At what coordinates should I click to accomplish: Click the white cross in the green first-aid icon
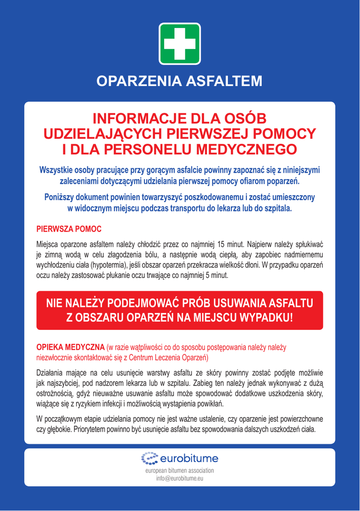coord(180,44)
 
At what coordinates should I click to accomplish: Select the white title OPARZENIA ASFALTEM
coord(180,81)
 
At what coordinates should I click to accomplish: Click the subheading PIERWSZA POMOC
coord(69,229)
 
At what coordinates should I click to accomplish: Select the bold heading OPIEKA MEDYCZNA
coord(70,347)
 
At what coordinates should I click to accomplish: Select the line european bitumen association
coord(180,471)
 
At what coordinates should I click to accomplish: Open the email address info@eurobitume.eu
coord(180,479)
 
